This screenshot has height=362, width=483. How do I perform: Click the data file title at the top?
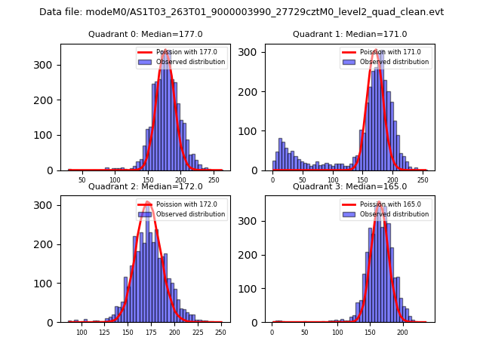(241, 12)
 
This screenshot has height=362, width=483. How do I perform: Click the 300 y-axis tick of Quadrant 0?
(47, 65)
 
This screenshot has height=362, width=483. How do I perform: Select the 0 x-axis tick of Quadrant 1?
(273, 179)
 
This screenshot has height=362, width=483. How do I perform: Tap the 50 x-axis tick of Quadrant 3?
(304, 332)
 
